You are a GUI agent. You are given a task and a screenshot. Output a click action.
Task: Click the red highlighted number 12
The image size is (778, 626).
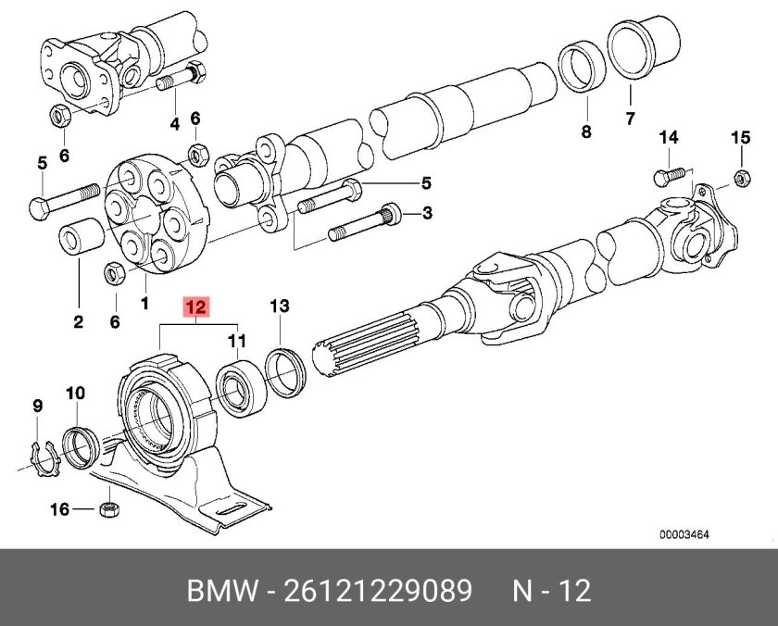196,306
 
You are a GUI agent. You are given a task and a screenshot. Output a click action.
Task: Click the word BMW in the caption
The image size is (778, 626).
222,590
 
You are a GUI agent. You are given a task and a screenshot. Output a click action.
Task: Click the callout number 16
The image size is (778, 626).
58,508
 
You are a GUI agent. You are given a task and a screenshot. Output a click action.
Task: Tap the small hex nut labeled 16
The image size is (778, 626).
108,508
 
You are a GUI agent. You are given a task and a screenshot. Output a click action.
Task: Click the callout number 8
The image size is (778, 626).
584,132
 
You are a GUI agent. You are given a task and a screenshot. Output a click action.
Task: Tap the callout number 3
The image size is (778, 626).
427,214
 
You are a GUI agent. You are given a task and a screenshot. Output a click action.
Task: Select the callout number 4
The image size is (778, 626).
173,125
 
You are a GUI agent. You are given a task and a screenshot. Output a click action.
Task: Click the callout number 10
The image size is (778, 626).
74,394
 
